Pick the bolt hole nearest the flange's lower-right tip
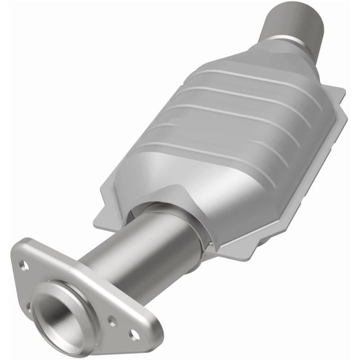point(133,334)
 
